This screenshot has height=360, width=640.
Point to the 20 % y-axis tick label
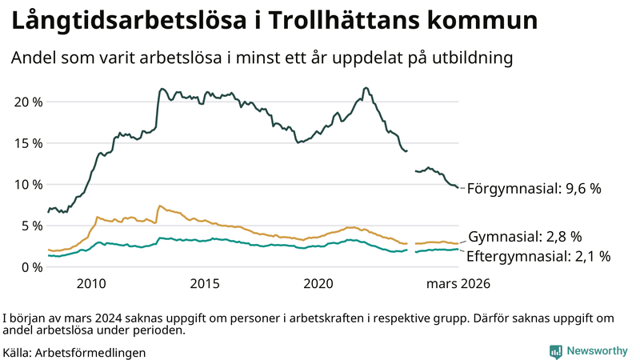(27, 102)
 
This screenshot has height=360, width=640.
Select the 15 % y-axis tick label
(27, 143)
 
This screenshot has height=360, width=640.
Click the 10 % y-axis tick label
(27, 184)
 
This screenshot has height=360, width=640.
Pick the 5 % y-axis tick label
(31, 226)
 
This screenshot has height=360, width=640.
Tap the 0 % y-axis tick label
(31, 266)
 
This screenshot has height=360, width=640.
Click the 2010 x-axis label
(91, 283)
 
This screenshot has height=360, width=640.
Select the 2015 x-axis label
(205, 283)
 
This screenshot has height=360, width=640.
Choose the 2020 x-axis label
(319, 283)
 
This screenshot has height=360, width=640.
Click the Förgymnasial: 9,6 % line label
(534, 189)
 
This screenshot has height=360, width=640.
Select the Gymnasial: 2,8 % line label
(524, 237)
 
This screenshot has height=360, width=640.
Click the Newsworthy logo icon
(555, 351)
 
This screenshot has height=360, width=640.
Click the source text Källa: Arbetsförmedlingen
(74, 352)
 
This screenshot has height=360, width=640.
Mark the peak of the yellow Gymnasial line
(160, 206)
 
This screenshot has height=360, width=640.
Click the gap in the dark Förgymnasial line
(411, 160)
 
